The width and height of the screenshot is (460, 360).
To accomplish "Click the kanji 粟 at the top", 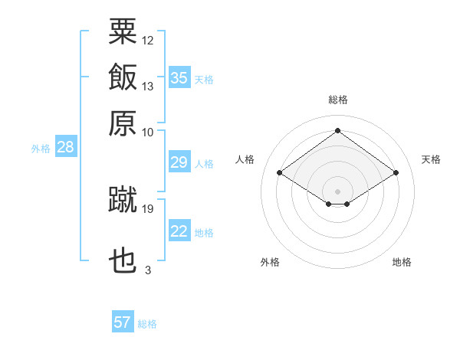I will pos(123,31).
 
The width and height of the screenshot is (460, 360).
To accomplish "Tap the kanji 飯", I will pos(123,77).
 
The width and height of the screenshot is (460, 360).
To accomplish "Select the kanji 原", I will pos(123,123).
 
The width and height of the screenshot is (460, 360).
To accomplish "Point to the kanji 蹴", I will pos(123,199).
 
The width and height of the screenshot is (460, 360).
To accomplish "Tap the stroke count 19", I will pos(148,208).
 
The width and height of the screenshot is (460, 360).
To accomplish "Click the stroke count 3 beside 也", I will pos(147,270).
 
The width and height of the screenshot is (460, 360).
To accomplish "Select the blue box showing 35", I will pos(179,78).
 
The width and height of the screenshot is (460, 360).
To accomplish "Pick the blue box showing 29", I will pos(179,162).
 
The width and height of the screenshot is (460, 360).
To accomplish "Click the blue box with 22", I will pos(179,231).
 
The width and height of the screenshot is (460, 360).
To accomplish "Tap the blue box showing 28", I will pos(65,148).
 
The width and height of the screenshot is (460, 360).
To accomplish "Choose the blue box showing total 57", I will pos(123,322).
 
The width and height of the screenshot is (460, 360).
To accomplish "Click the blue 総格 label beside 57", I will pos(147,324).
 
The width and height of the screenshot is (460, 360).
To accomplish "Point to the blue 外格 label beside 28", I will pos(41,149).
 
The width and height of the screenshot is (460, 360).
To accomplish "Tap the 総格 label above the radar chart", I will pos(338,100).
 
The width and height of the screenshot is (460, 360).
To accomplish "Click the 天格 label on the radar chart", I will pos(431,159).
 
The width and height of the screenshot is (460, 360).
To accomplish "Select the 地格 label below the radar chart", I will pos(402,262).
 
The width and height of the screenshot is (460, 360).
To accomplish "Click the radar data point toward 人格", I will pos(280,173).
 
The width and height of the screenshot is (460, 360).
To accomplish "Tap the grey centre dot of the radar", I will pos(338,191).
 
